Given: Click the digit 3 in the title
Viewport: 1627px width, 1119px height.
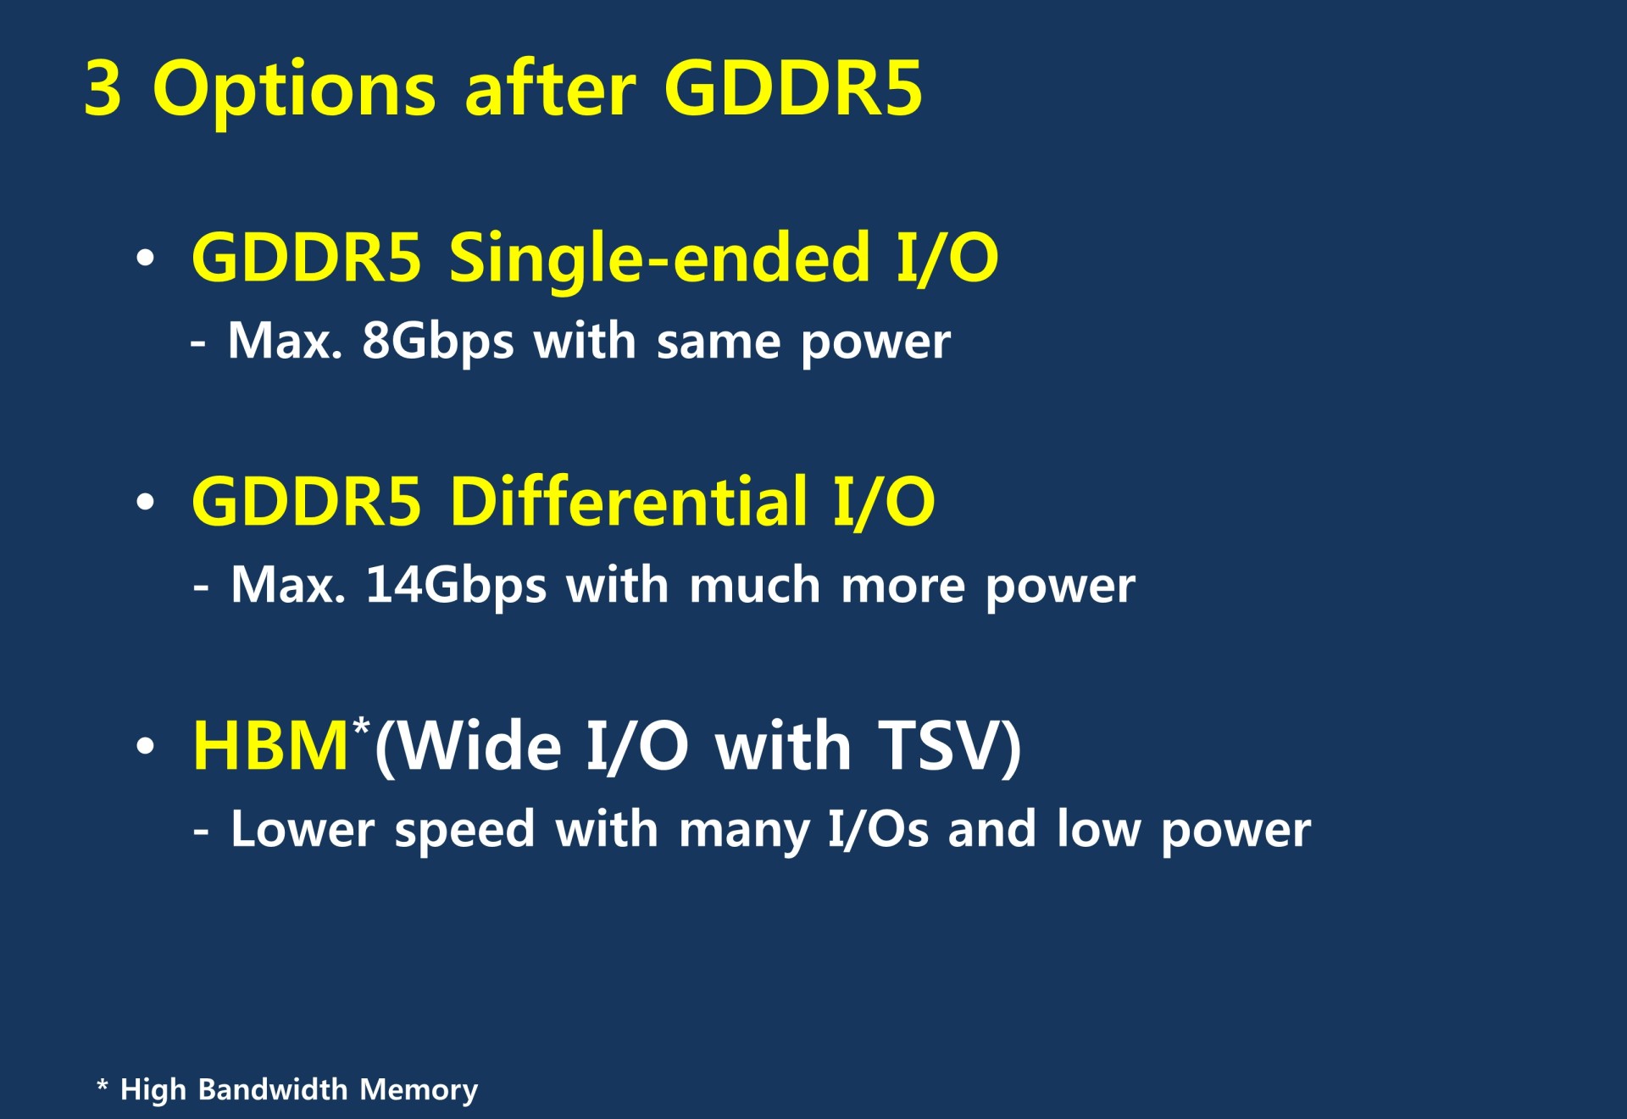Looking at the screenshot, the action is tap(103, 87).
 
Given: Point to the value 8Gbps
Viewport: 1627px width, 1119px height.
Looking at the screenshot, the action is tap(438, 342).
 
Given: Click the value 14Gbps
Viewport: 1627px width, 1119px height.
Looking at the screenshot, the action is tap(456, 587).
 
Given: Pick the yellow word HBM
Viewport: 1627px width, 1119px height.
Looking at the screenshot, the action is tap(270, 746).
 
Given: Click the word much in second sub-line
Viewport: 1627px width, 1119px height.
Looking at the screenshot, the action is tap(754, 586).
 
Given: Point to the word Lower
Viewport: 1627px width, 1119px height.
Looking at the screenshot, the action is tap(303, 829).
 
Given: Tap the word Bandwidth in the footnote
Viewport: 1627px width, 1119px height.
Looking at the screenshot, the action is tap(272, 1089).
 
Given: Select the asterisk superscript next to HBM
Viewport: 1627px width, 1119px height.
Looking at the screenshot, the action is tap(362, 727).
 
